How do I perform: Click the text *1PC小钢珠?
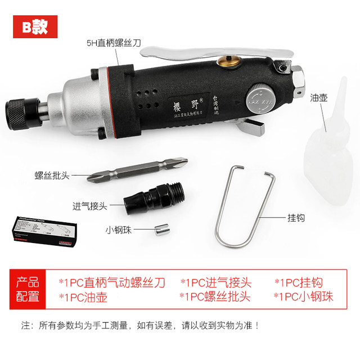coord(303,297)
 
